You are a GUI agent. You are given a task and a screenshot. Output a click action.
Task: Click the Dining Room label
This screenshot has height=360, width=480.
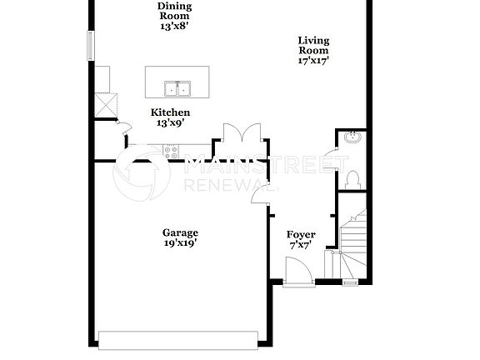tap(173, 16)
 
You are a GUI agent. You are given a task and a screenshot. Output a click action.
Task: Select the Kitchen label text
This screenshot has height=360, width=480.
tap(170, 117)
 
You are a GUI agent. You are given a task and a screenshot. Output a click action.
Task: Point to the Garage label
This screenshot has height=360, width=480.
tap(181, 238)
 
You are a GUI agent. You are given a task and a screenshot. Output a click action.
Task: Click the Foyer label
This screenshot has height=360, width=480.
tap(301, 241)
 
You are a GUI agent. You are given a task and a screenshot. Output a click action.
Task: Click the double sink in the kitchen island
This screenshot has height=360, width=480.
tap(177, 88)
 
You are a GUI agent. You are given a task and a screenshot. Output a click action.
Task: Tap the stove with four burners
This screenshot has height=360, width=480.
tap(171, 152)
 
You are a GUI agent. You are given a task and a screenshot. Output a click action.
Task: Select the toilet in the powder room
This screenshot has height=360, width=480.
tap(352, 178)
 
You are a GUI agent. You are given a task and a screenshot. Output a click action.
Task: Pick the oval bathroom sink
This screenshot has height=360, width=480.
tap(352, 137)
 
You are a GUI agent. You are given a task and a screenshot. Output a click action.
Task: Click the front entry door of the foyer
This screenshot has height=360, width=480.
tap(297, 272)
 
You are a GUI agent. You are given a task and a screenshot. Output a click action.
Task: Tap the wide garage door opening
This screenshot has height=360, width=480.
tap(178, 337)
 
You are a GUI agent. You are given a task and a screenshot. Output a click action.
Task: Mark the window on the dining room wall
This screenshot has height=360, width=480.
tap(90, 46)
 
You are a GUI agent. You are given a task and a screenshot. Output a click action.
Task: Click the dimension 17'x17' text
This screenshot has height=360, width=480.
tap(313, 60)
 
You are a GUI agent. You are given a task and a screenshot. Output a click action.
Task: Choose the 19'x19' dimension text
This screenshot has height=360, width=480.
tap(181, 244)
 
